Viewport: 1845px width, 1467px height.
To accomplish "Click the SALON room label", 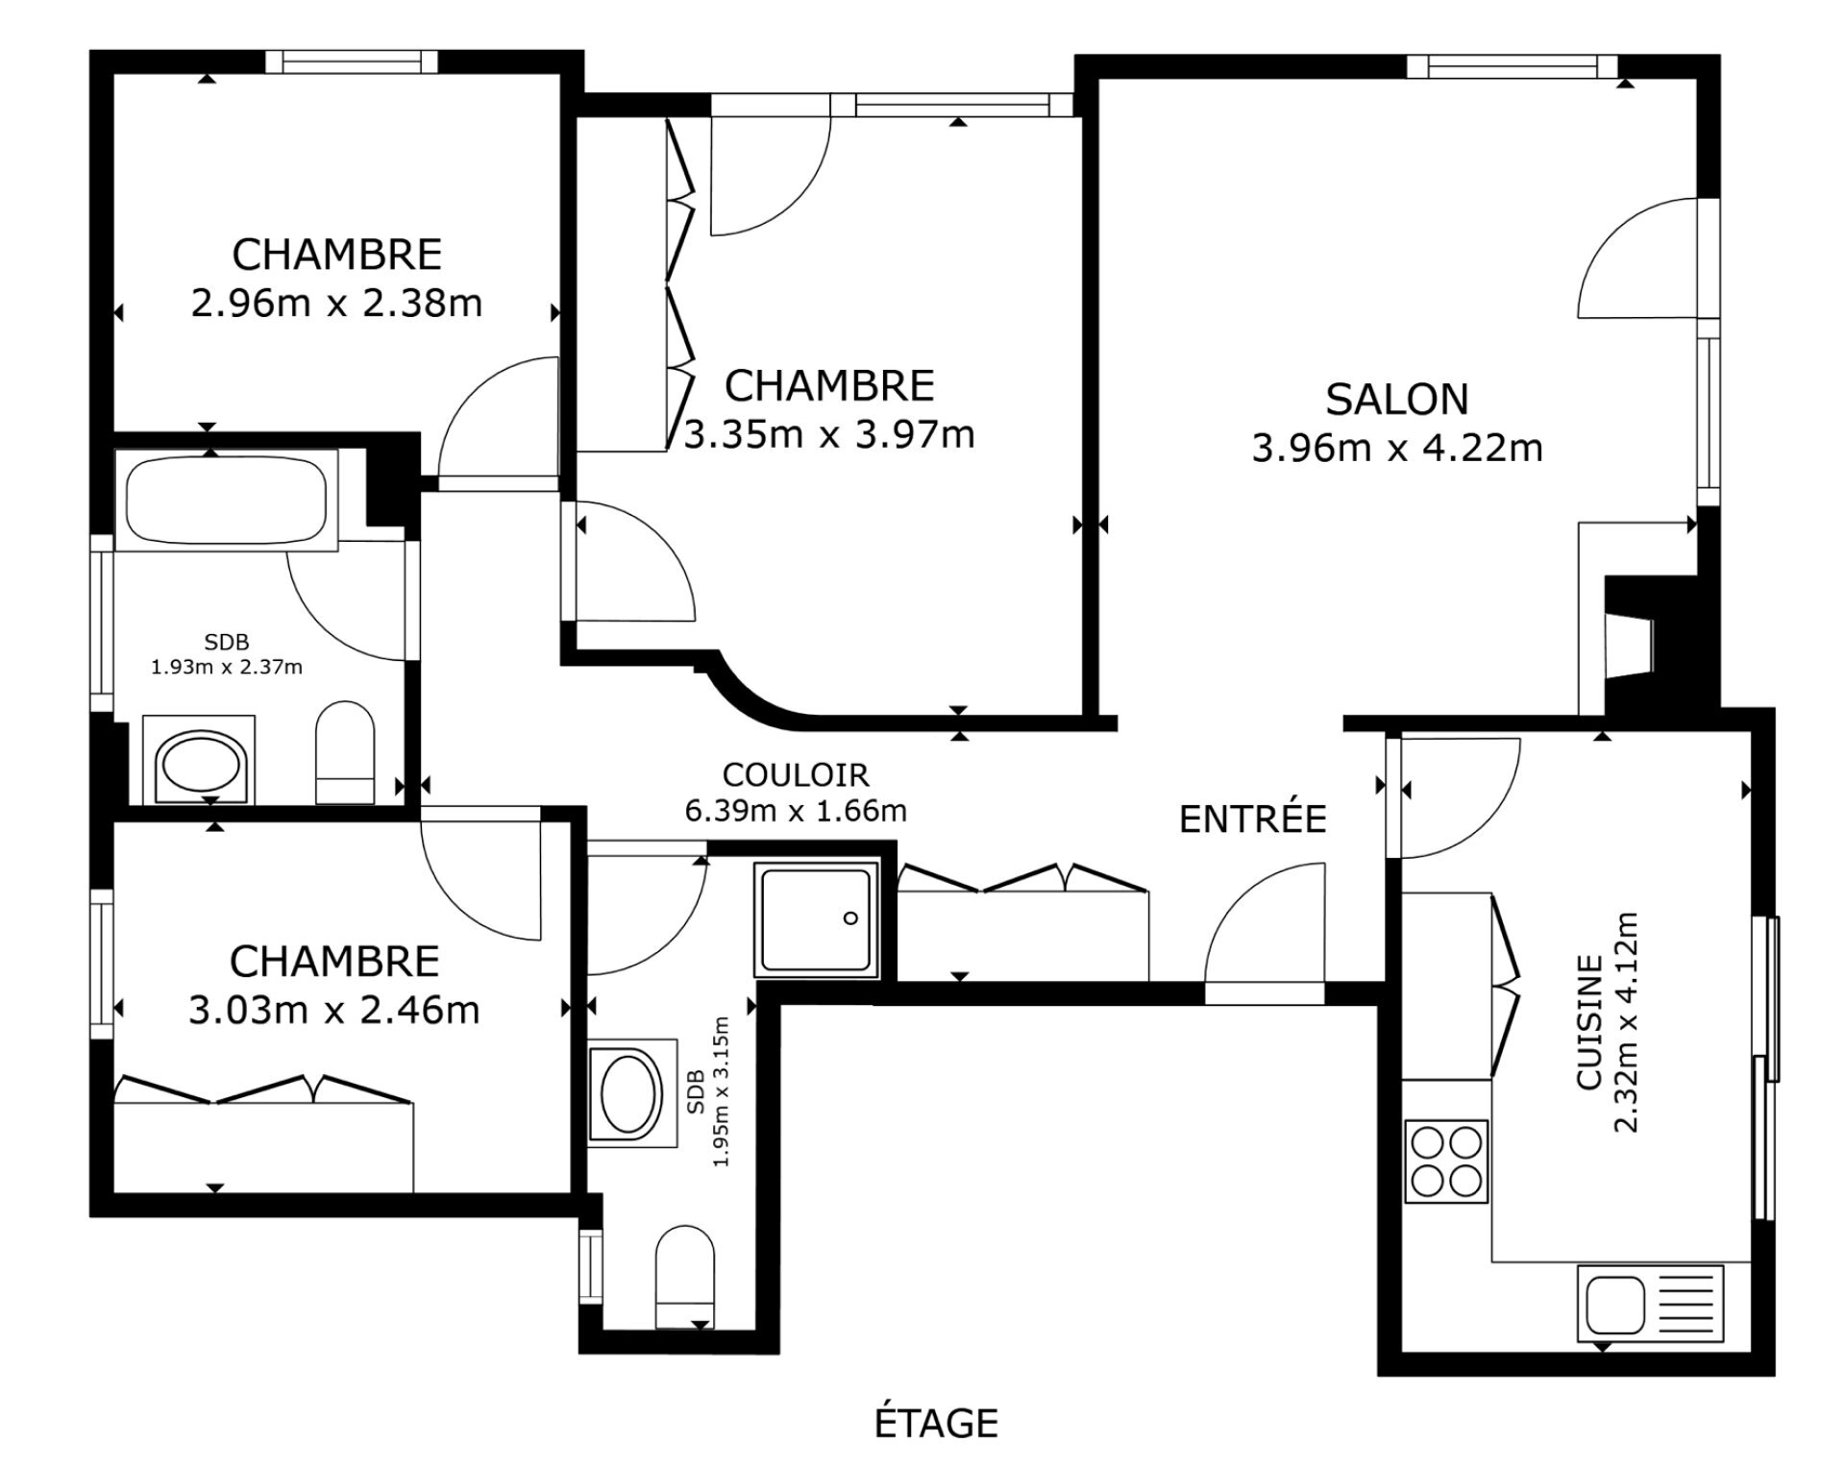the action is point(1397,400).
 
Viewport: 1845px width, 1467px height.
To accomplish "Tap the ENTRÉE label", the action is point(1252,819).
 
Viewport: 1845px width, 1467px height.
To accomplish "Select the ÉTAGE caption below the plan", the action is point(936,1423).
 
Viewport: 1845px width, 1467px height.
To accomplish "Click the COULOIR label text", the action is point(795,774).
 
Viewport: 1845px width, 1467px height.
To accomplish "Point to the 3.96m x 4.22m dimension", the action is point(1397,449).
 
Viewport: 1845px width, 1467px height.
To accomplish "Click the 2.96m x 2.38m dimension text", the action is point(336,304).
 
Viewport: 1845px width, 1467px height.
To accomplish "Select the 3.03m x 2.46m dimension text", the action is point(333,1011).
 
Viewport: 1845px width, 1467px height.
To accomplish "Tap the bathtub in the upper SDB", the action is point(227,501).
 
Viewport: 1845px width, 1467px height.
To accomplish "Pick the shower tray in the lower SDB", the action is point(817,919).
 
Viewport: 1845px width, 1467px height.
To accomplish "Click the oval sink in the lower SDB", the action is point(631,1092).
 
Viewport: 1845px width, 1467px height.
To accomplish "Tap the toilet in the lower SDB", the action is point(685,1277).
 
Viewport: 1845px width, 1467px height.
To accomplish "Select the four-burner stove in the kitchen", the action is point(1445,1161).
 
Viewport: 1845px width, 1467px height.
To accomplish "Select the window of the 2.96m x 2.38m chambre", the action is point(351,61).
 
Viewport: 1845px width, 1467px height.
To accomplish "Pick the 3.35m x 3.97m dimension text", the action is point(829,435).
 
